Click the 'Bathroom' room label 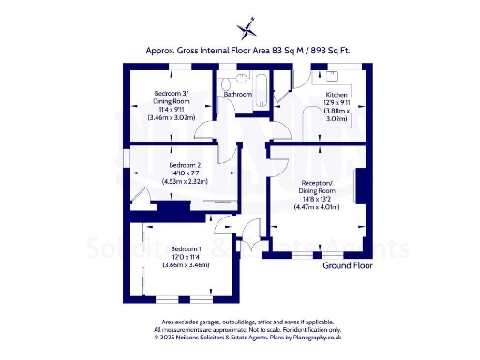(x=238, y=95)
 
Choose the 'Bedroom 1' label (x=173, y=248)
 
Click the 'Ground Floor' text (x=348, y=266)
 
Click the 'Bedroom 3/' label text (x=171, y=92)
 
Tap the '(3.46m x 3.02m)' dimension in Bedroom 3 (x=171, y=117)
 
